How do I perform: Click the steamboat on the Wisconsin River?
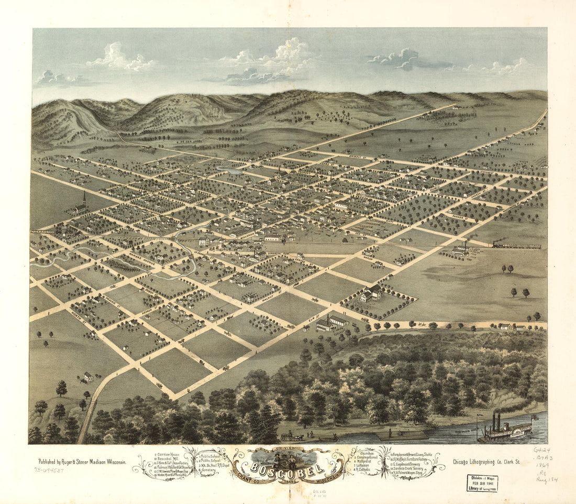[x=506, y=429]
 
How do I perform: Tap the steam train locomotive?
[x=497, y=244]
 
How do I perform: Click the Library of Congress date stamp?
[x=482, y=483]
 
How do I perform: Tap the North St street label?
[x=78, y=317]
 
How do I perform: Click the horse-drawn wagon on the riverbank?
[x=290, y=436]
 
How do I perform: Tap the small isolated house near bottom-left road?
[x=88, y=376]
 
